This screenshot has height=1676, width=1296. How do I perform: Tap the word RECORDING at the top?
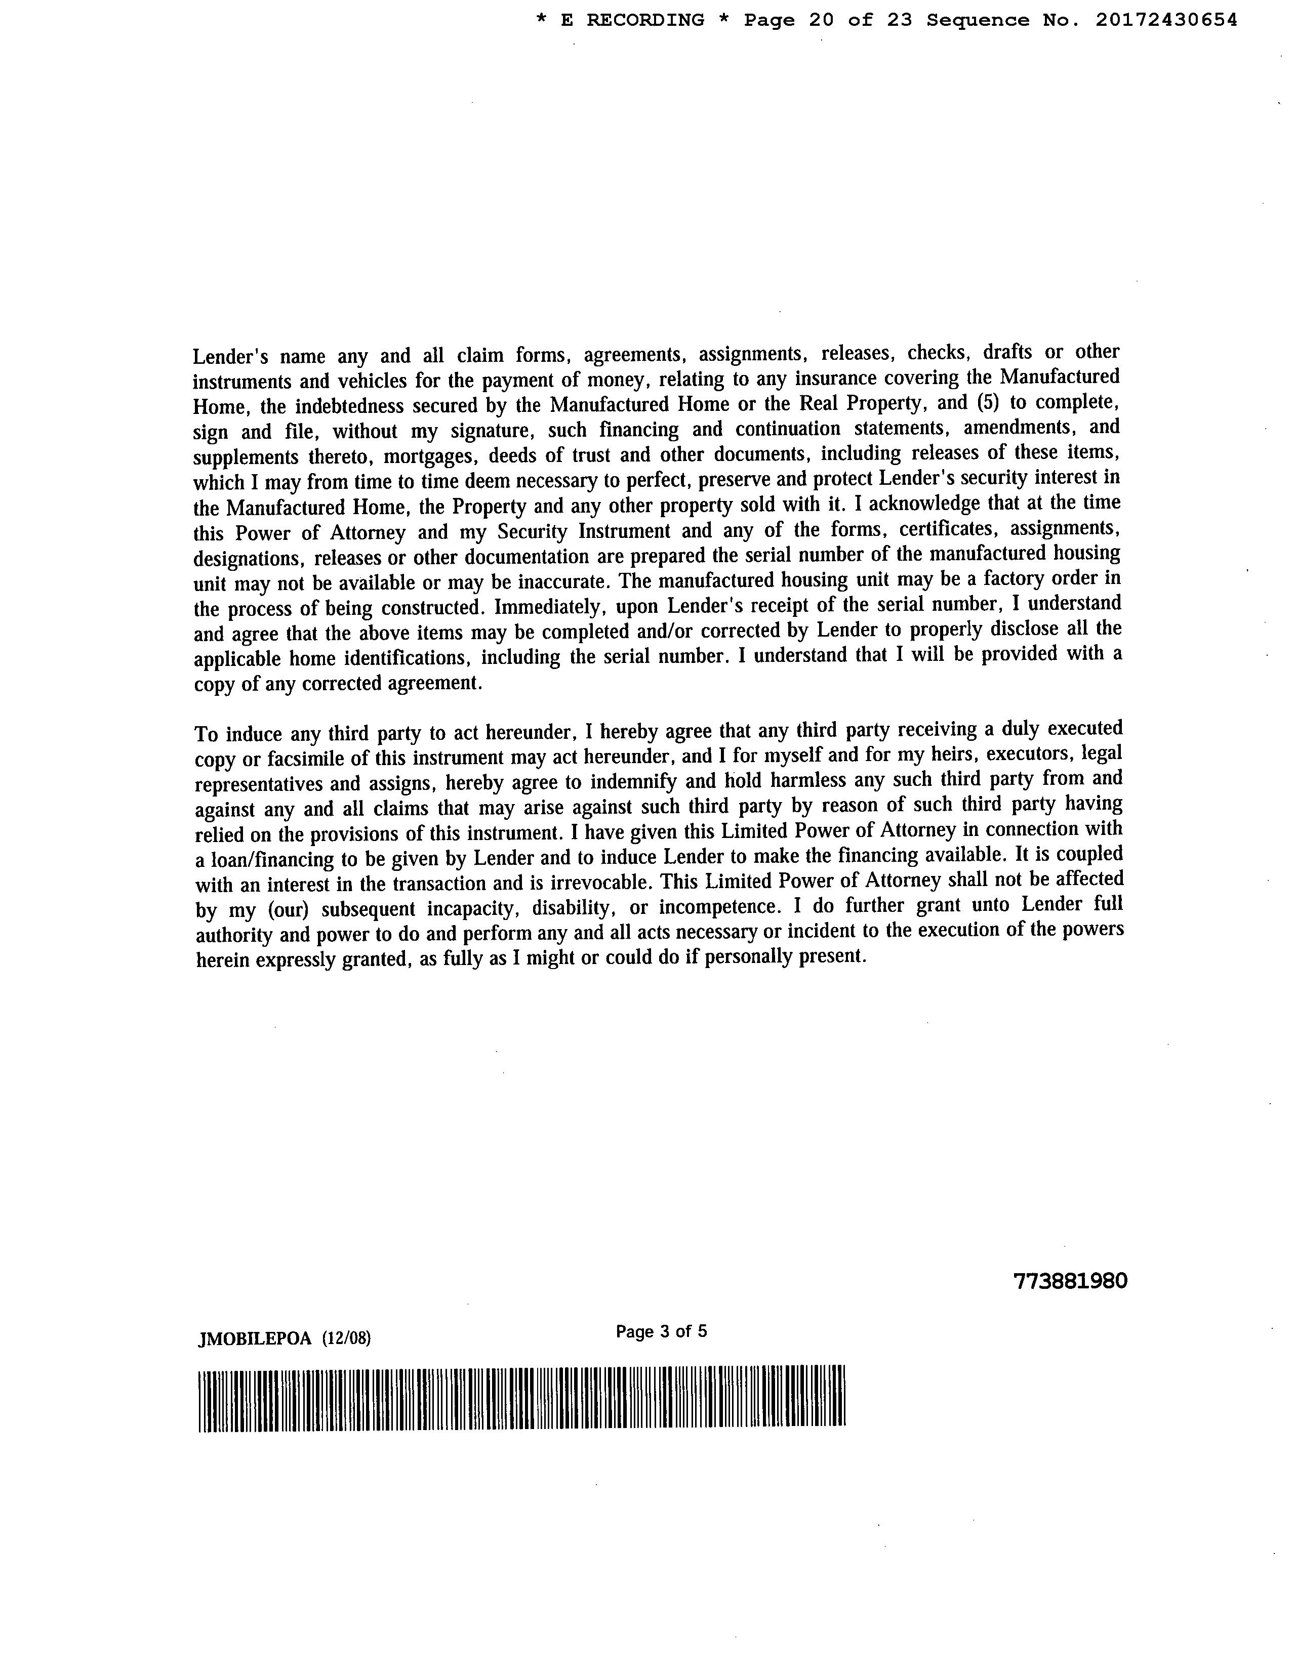(x=645, y=21)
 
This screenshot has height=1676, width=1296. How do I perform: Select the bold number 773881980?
(x=1070, y=1281)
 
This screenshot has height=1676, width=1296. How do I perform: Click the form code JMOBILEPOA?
(x=255, y=1339)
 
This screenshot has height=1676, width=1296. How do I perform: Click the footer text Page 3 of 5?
(x=661, y=1331)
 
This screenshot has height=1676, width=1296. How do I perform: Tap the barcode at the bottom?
(x=521, y=1398)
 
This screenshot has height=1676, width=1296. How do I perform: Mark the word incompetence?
(x=719, y=907)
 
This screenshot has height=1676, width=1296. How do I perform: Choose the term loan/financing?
(x=269, y=859)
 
